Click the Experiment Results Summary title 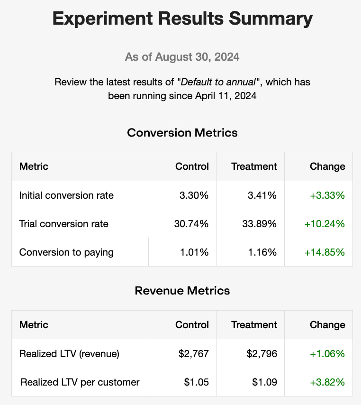[x=182, y=19]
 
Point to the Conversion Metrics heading [x=182, y=133]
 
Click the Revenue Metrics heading [x=182, y=291]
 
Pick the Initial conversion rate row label [x=66, y=195]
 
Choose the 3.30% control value [x=194, y=195]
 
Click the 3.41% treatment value [x=262, y=195]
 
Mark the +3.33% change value [x=327, y=195]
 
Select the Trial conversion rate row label [x=64, y=224]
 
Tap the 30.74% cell [x=191, y=224]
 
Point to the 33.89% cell [x=260, y=224]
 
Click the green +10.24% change [x=325, y=224]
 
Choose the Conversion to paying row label [x=66, y=252]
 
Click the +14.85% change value [x=325, y=252]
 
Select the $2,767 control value [x=194, y=354]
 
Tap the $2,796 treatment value [x=262, y=354]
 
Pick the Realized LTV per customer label [x=80, y=382]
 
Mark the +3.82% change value [x=327, y=382]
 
